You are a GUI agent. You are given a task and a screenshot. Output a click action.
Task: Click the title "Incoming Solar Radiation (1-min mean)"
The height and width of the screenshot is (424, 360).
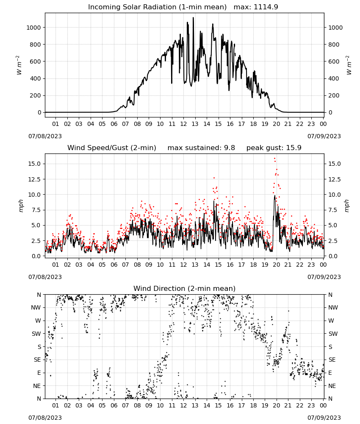coord(157,7)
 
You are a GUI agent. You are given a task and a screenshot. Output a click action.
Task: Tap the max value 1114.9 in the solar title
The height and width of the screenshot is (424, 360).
coord(266,7)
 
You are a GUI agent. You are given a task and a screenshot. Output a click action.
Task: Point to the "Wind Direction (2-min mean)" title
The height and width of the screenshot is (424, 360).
coord(185,288)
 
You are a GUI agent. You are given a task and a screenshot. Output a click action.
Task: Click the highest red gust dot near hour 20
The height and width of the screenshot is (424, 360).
coord(274,159)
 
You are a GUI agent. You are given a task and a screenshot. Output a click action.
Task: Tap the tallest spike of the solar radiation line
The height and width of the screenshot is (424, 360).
coord(193,18)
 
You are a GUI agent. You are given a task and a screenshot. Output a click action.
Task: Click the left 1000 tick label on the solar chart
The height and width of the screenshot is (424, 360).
coord(33,28)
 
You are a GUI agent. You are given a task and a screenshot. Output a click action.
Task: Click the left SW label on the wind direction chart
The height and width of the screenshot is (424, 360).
coord(36,334)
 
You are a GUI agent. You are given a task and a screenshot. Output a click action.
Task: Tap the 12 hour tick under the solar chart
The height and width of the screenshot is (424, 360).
coord(183,124)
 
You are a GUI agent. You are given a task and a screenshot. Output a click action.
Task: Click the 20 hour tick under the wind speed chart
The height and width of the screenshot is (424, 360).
coord(276,265)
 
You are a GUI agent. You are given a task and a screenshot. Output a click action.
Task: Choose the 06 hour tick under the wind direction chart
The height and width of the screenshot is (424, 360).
coord(114,405)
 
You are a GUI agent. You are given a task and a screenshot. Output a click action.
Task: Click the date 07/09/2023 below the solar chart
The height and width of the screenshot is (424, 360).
coord(324,136)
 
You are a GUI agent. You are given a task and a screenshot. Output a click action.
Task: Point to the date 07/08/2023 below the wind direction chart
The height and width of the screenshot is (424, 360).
coord(45,418)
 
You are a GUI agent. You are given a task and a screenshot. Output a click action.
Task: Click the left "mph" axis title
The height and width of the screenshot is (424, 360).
coord(21,206)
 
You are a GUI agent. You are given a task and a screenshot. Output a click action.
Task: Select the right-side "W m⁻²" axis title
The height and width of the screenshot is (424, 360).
coord(349,65)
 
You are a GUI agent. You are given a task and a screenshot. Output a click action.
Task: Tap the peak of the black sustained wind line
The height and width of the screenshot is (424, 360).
coord(274,195)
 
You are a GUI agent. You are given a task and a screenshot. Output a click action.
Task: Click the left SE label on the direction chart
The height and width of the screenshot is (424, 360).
coord(37,360)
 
